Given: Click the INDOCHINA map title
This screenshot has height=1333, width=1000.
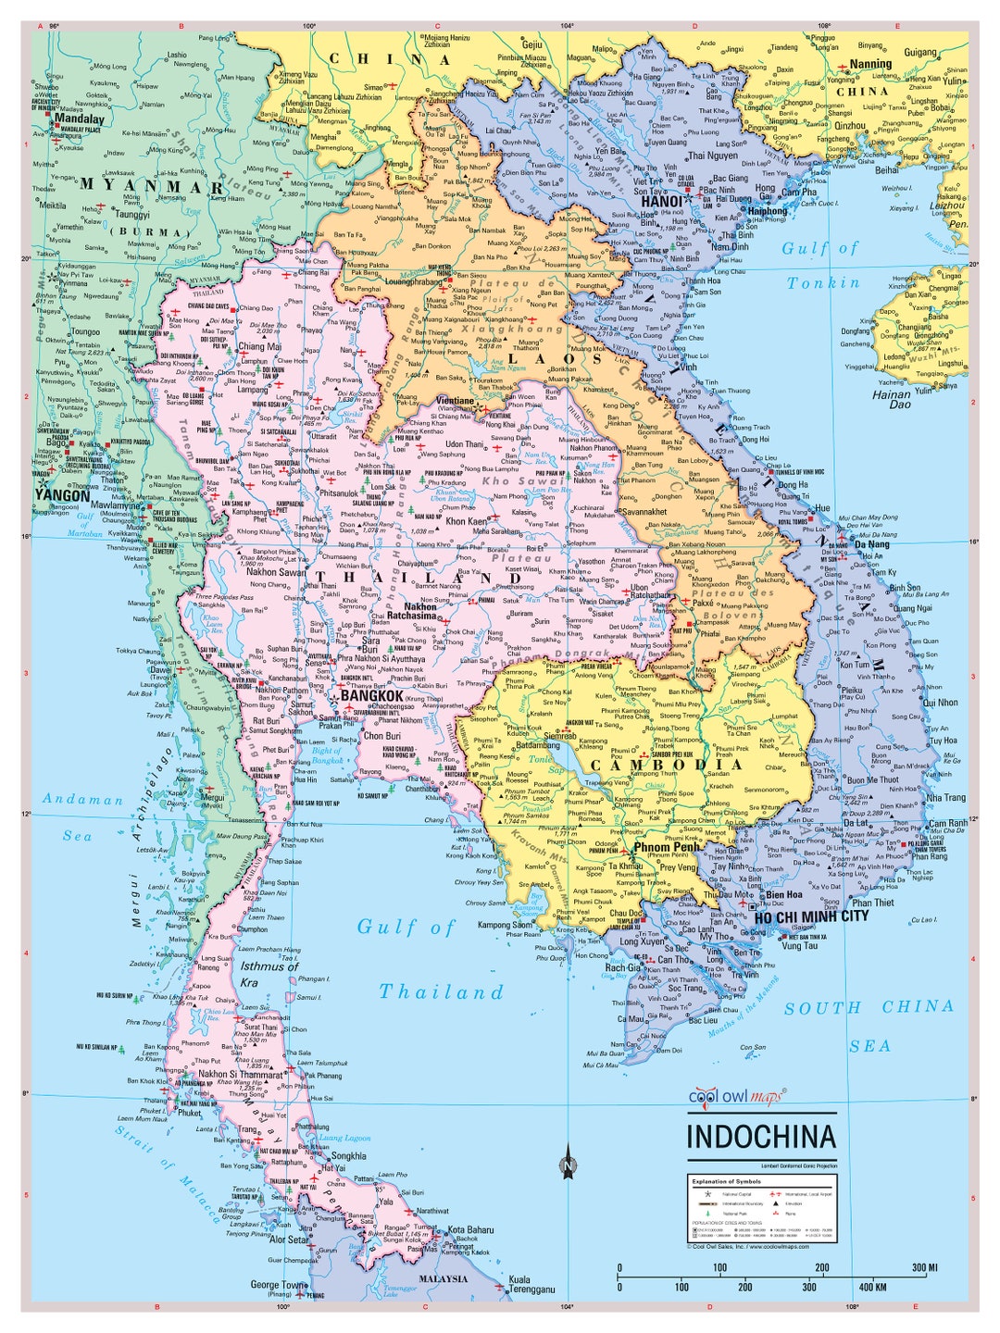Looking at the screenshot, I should click(x=760, y=1137).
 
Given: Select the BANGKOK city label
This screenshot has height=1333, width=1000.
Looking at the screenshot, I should click(x=372, y=695).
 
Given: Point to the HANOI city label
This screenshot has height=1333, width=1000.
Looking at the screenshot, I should click(x=661, y=201).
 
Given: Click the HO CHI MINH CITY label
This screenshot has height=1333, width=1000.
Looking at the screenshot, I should click(x=811, y=916).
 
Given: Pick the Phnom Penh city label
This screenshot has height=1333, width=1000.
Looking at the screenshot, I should click(x=666, y=847).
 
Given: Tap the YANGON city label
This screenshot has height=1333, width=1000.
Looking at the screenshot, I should click(x=62, y=495).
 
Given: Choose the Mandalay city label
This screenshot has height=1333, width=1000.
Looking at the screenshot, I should click(x=80, y=119).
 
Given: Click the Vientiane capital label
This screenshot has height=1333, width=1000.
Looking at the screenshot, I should click(x=455, y=401).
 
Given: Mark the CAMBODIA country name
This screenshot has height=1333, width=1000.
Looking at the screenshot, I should click(x=666, y=765).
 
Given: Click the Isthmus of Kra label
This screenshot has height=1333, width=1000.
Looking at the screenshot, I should click(x=269, y=974).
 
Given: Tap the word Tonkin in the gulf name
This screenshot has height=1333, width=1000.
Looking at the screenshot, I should click(x=823, y=283).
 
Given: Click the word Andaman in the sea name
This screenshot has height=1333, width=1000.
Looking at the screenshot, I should click(x=82, y=799).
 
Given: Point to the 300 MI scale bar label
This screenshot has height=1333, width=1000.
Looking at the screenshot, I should click(x=924, y=1267).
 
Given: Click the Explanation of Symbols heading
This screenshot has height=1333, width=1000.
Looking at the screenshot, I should click(x=726, y=1182).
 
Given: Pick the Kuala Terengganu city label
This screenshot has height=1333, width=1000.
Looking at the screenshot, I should click(x=531, y=1284).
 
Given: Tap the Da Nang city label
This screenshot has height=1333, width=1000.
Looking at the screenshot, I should click(x=871, y=544).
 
